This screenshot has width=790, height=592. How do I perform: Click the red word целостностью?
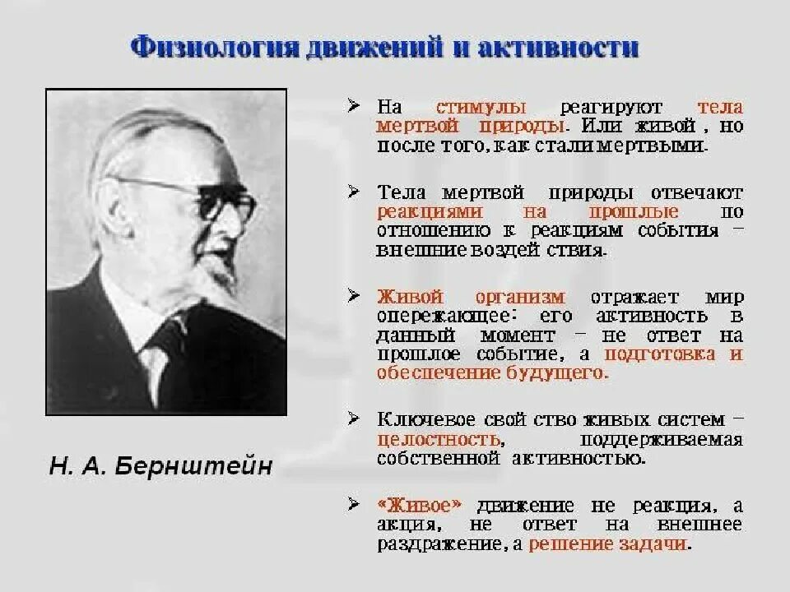439,438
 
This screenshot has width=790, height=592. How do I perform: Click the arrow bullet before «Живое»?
353,503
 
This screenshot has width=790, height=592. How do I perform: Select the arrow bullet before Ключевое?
353,419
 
